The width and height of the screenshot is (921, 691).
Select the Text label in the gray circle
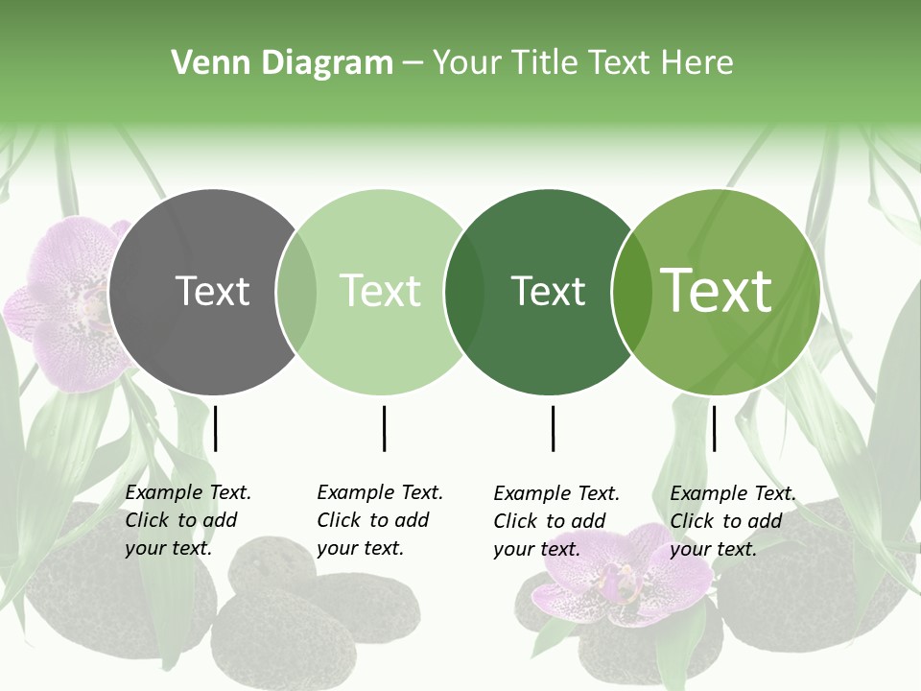[x=212, y=291]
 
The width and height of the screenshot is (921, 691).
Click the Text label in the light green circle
[x=381, y=291]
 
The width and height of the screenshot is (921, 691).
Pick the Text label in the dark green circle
[x=548, y=291]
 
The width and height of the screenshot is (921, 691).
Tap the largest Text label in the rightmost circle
[x=717, y=290]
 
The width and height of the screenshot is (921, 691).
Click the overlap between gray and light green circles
[x=296, y=292]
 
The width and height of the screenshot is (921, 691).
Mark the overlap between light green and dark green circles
[x=464, y=292]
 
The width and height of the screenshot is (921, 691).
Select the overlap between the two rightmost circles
[x=629, y=292]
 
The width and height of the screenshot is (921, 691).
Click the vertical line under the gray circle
[x=216, y=428]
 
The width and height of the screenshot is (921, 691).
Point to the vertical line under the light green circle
[x=384, y=428]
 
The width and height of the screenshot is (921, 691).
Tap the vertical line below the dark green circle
[x=553, y=428]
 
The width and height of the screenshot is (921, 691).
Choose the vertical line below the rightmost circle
[x=714, y=428]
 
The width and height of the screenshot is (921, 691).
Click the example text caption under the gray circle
[x=187, y=520]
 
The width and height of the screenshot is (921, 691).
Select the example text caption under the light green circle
[x=379, y=520]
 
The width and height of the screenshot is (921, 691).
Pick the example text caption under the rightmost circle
[x=732, y=521]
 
